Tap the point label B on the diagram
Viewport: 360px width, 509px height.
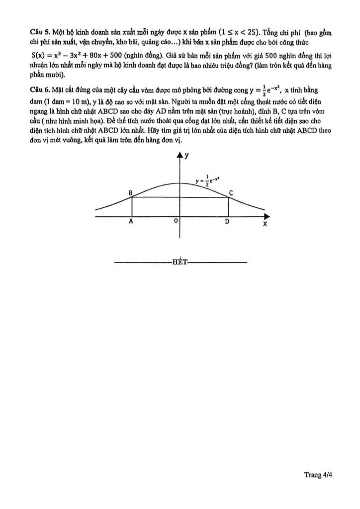(130, 192)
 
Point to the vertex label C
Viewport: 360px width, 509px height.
(231, 192)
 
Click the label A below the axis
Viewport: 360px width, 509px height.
(131, 223)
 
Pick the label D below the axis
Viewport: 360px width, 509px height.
(227, 223)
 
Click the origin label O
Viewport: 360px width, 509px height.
(176, 223)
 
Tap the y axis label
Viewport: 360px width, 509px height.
(187, 156)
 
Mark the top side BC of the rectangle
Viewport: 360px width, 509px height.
(180, 197)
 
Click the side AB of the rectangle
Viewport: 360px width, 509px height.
(131, 207)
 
